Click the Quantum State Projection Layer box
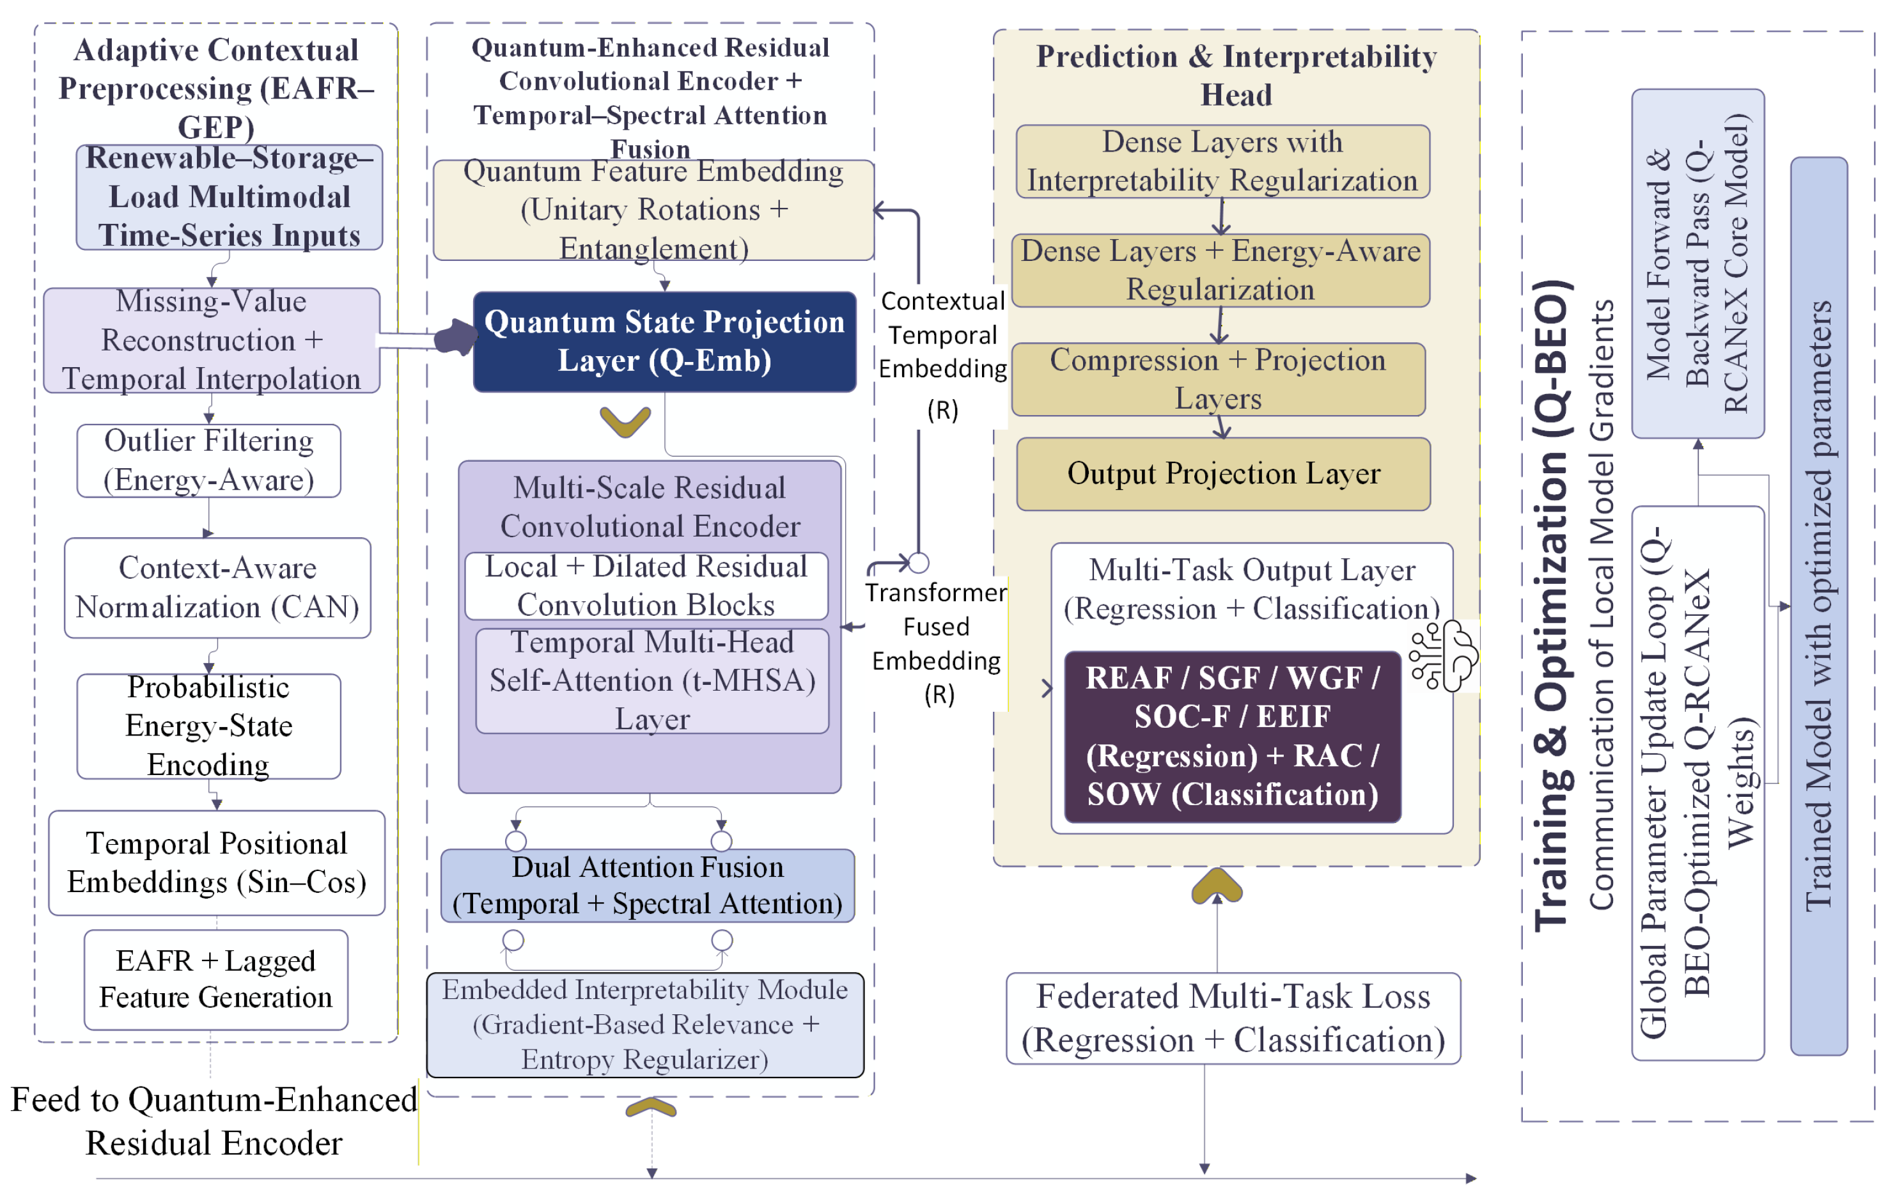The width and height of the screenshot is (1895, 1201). coord(664,341)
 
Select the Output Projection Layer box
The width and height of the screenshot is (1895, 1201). coord(1223,474)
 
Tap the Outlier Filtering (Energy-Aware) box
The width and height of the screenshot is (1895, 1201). coord(208,460)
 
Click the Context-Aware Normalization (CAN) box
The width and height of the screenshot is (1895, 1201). coord(217,588)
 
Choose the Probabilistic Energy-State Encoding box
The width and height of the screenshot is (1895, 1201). coord(208,726)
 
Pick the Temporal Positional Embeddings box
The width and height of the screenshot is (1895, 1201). coord(216,863)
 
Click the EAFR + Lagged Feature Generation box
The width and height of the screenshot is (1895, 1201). coord(215,979)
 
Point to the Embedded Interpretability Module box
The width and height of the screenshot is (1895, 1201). coord(644,1024)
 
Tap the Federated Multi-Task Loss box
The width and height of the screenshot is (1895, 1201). coord(1233,1018)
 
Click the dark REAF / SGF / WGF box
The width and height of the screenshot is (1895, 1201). coord(1233,737)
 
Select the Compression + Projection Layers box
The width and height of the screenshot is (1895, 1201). coord(1217,379)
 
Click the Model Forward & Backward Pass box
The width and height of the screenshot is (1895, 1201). coord(1697,263)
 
